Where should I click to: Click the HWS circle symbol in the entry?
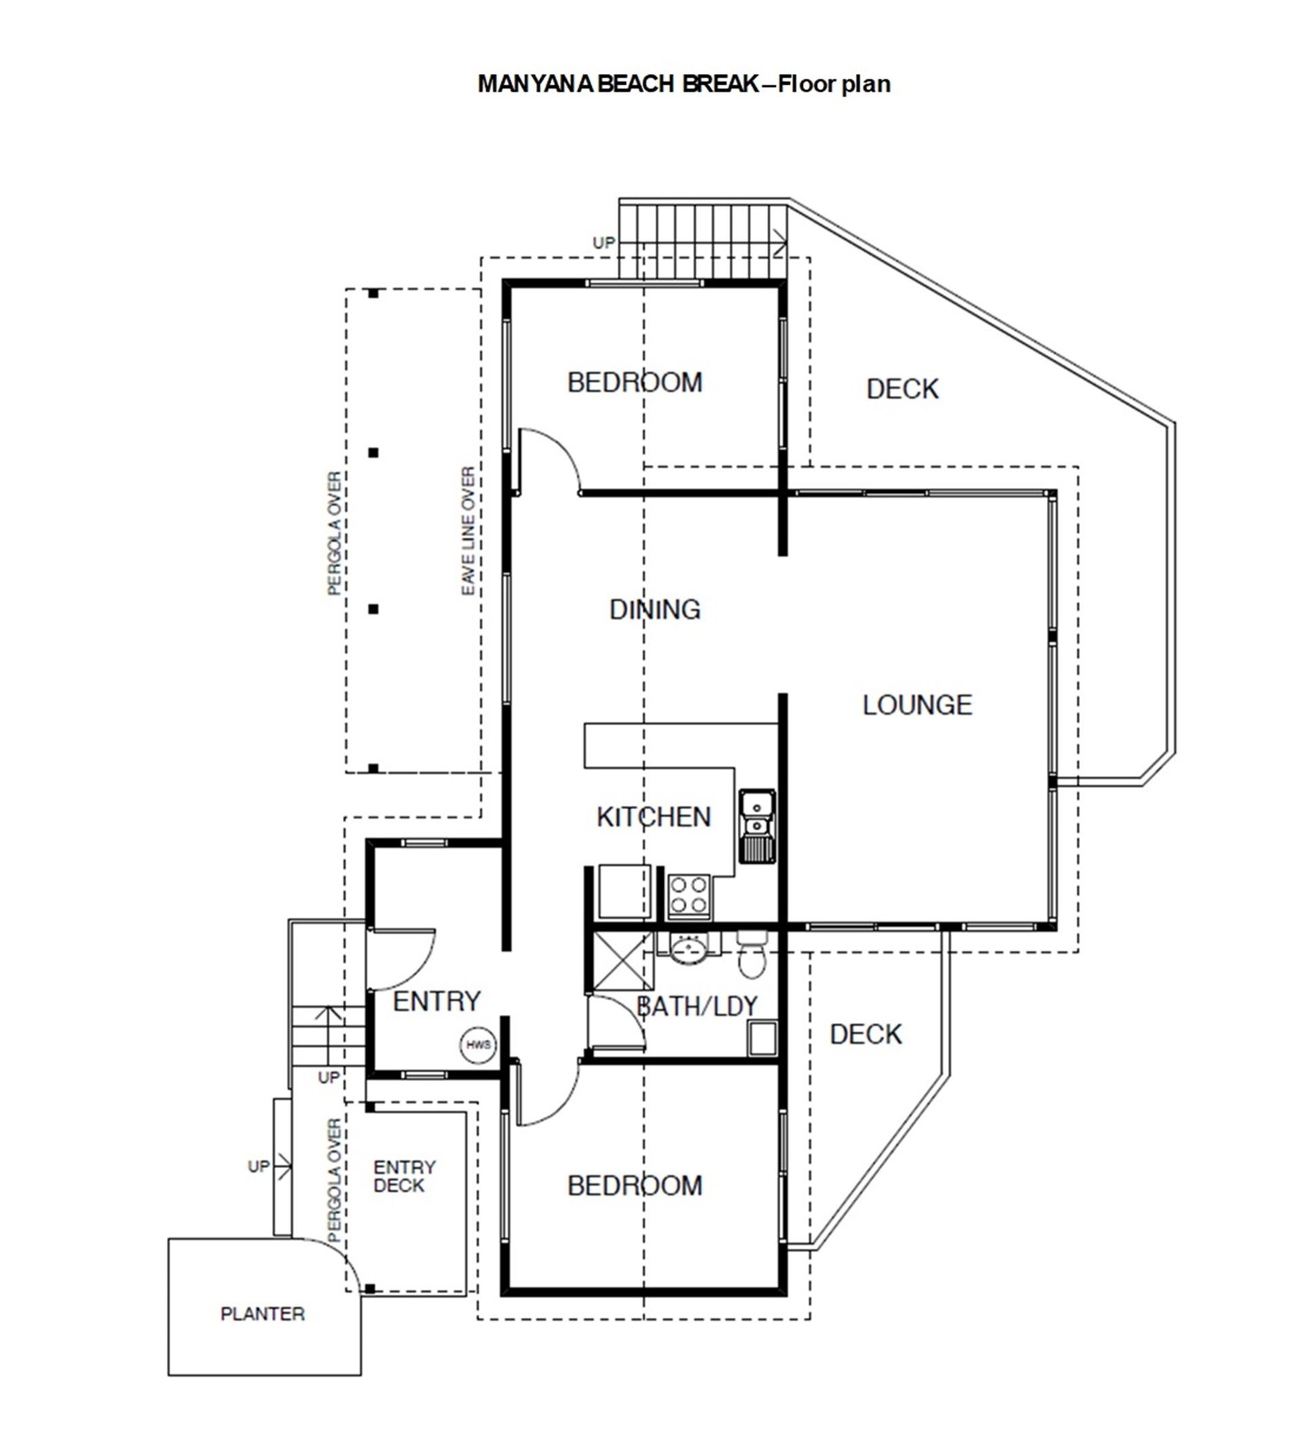[x=478, y=1045]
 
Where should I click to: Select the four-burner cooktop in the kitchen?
[x=689, y=896]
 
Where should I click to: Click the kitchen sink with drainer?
[x=757, y=826]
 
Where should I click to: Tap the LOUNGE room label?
[x=917, y=705]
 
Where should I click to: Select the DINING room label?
[x=655, y=609]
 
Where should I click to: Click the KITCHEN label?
[x=654, y=817]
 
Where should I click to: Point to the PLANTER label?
[x=262, y=1314]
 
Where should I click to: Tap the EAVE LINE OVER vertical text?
[x=468, y=531]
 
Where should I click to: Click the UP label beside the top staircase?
[x=603, y=243]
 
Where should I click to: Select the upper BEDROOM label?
[x=635, y=383]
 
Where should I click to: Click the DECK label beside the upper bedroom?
[x=902, y=389]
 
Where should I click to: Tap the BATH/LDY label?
[x=697, y=1007]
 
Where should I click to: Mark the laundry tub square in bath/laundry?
[x=762, y=1038]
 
